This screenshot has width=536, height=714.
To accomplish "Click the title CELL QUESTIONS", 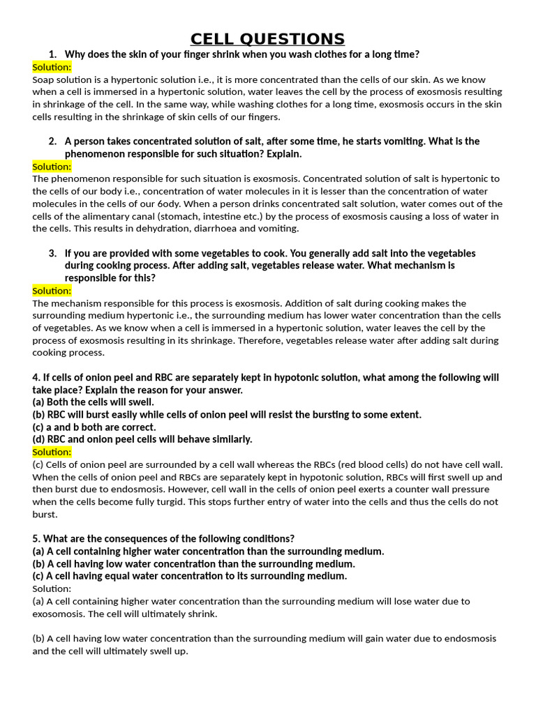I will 267,38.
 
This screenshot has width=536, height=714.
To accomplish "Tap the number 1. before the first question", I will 53,54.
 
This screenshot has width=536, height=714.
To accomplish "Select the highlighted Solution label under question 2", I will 52,167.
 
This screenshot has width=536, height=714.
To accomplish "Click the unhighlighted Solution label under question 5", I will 51,588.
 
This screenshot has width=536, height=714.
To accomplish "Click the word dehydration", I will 172,229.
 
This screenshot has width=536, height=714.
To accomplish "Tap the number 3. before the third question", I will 53,253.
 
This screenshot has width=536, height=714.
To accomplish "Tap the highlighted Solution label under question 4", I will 52,452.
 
